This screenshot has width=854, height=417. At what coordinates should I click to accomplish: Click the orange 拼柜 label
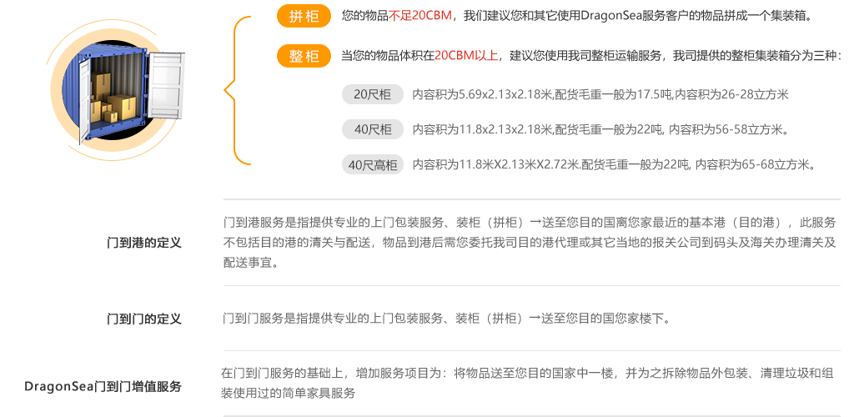click(x=304, y=17)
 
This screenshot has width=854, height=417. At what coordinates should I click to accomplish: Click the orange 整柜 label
click(x=304, y=57)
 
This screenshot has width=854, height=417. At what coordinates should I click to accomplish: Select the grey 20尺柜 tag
click(x=372, y=94)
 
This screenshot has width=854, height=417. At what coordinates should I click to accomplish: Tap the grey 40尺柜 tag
click(x=372, y=129)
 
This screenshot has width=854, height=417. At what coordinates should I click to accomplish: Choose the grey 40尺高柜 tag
click(x=372, y=164)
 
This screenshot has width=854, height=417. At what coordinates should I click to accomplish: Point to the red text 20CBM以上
click(x=465, y=57)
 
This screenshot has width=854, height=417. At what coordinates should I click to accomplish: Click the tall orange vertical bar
click(x=236, y=90)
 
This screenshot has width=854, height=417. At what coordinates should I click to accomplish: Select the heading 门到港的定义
click(x=144, y=243)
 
